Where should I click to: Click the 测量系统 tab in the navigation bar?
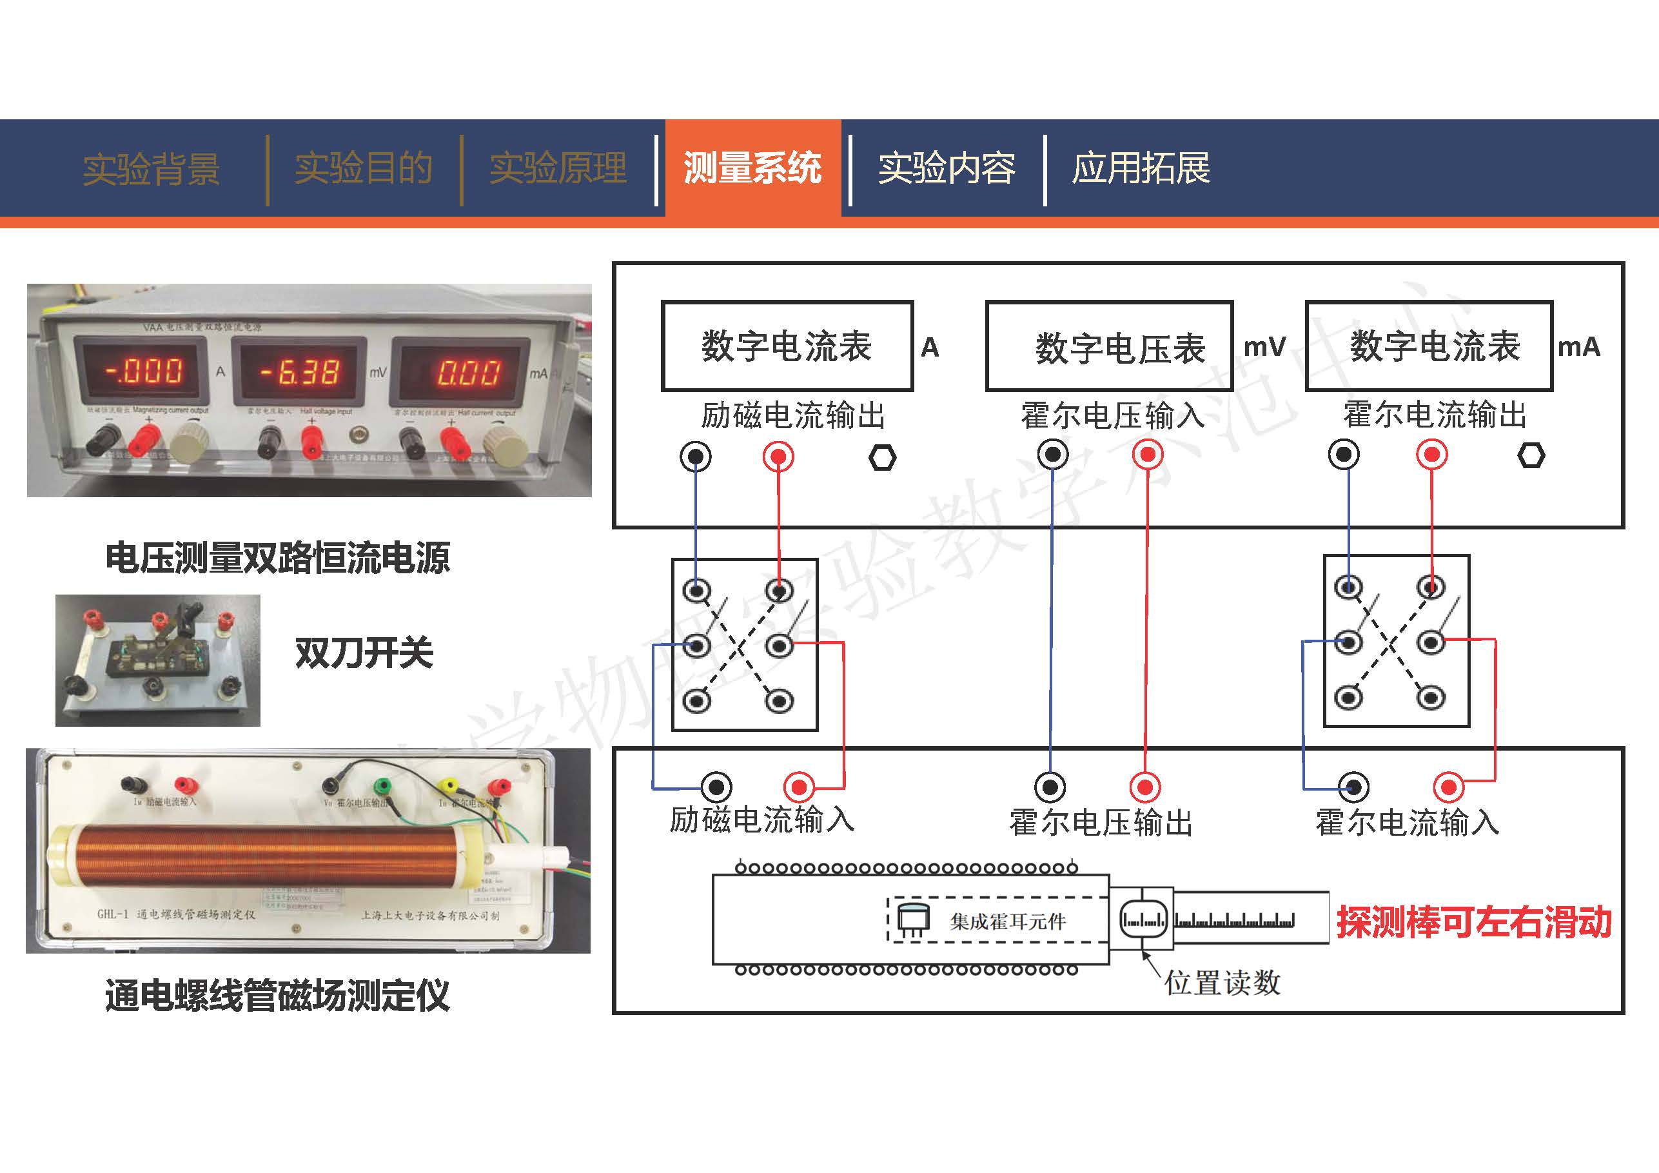coord(752,168)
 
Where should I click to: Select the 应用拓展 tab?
coord(1140,168)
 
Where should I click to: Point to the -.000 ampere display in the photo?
coord(143,371)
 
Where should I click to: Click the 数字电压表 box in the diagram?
coord(1109,347)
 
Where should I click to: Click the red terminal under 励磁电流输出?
coord(778,457)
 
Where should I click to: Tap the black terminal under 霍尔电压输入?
coord(1053,455)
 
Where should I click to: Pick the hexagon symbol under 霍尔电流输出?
coord(1531,455)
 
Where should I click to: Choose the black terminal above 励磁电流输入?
coord(717,786)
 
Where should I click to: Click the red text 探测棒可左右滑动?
coord(1474,922)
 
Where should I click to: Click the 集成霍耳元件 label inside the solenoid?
coord(1008,922)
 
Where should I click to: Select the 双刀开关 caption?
coord(364,653)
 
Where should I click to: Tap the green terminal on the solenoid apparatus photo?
coord(382,785)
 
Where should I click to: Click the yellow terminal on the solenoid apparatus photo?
coord(449,785)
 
